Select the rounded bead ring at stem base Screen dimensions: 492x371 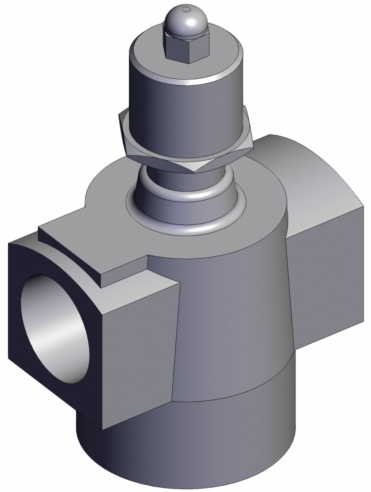click(188, 200)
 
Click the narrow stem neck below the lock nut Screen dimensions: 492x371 click(164, 173)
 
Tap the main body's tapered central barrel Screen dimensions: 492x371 click(232, 323)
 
